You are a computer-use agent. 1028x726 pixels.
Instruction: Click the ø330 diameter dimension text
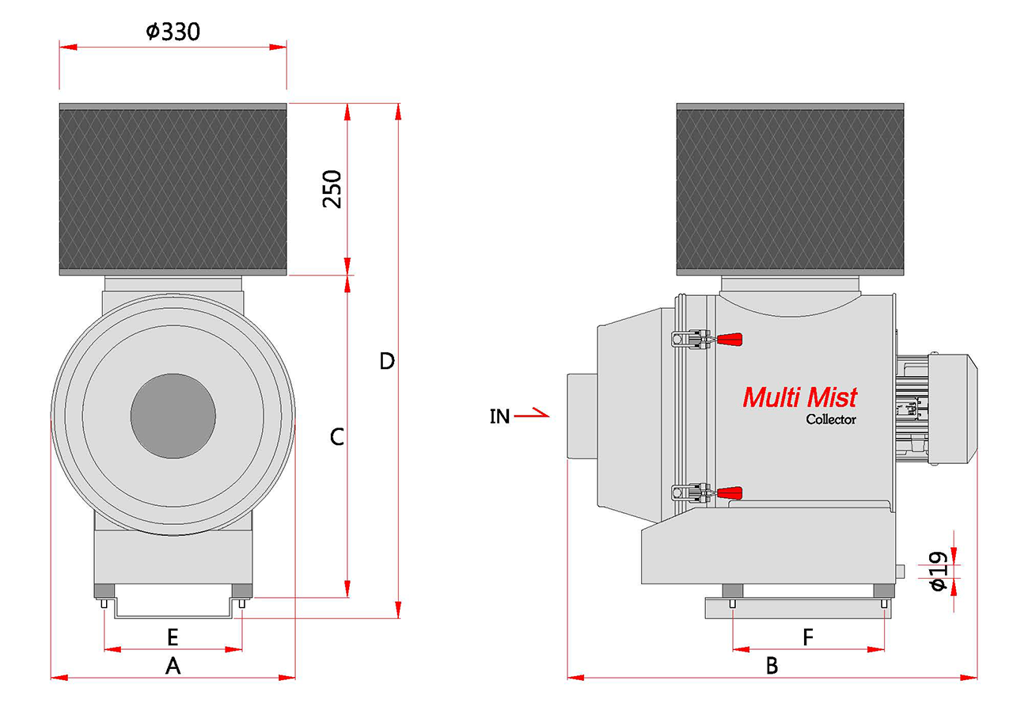173,32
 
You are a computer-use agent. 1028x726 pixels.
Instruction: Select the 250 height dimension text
333,188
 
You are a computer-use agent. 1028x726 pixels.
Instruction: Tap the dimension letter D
387,362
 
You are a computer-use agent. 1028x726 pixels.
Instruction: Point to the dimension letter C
337,436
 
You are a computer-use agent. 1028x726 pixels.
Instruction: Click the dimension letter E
173,636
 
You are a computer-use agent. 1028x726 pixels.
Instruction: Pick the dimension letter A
173,667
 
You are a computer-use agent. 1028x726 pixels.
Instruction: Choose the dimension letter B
772,667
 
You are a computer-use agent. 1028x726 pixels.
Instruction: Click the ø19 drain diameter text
938,572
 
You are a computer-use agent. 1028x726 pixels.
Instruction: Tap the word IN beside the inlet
499,416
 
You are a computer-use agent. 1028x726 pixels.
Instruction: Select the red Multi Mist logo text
799,397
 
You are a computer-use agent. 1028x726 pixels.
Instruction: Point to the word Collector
831,420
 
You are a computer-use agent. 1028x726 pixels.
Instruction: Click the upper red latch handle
730,339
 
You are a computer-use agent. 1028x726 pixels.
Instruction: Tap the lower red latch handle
730,492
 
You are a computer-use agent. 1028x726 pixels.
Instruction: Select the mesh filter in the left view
173,188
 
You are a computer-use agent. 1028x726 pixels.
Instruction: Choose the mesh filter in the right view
790,188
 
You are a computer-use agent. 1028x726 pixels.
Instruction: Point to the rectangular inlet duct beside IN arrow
582,416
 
